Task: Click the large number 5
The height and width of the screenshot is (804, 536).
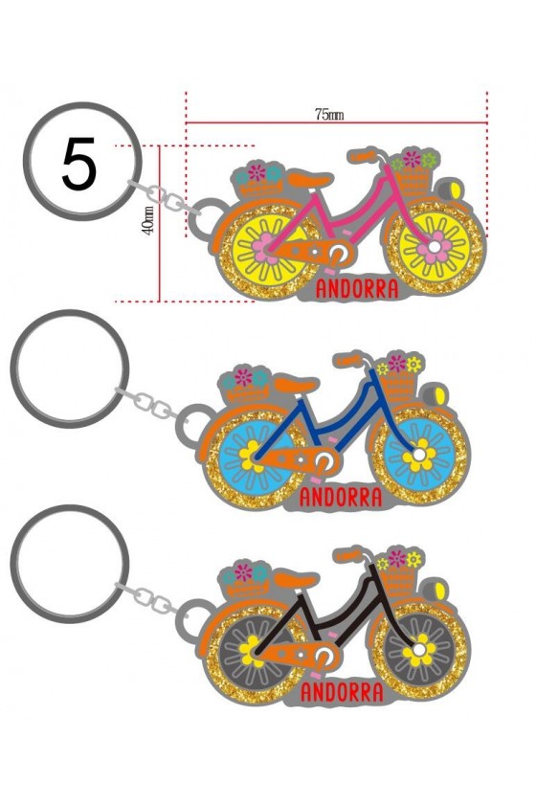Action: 79,164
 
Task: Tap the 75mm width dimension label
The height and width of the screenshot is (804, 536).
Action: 329,114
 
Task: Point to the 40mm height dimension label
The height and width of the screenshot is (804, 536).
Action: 147,220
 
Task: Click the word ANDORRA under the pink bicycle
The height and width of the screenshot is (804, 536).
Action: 357,289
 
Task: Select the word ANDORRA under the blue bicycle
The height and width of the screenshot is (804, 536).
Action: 341,498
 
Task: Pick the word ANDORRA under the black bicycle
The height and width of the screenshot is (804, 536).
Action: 342,692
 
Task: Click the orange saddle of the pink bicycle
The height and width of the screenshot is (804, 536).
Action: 309,180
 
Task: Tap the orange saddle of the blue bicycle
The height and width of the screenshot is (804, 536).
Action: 296,384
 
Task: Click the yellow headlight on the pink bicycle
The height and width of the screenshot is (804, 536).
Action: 454,189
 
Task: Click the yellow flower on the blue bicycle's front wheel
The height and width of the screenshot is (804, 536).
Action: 418,455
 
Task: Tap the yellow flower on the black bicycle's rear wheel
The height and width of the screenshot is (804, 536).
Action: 251,650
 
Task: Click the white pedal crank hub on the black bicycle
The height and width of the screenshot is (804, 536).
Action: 324,655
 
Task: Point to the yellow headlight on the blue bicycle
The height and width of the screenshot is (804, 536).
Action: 439,395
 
